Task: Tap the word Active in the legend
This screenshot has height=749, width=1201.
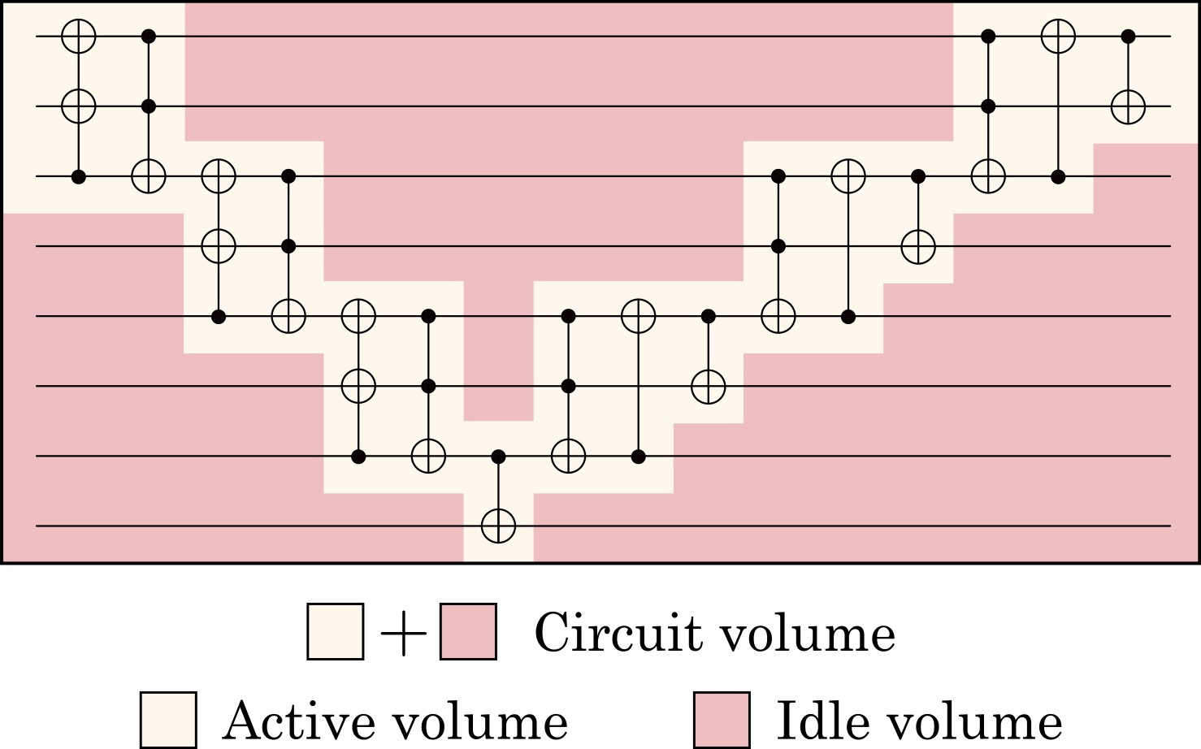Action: click(300, 721)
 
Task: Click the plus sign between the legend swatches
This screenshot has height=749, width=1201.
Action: click(403, 633)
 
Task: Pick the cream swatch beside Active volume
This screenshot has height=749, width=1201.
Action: click(168, 720)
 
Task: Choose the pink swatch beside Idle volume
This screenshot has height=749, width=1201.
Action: click(722, 720)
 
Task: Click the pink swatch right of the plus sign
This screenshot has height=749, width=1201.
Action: click(468, 631)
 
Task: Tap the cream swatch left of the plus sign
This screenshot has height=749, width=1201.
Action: click(336, 631)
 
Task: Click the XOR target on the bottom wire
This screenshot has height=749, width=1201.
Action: click(499, 526)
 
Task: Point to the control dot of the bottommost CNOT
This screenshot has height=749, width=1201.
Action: click(499, 457)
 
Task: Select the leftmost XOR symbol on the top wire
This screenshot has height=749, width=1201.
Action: click(79, 37)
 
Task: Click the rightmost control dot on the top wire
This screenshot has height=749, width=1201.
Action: click(1129, 37)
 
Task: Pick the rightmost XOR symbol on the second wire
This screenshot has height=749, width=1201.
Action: click(1129, 106)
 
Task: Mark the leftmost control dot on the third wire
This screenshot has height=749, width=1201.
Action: click(79, 176)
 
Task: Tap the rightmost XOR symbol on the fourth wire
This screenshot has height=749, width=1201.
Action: click(918, 247)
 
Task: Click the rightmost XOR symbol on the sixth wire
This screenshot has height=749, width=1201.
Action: click(709, 386)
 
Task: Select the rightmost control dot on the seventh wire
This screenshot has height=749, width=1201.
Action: click(638, 457)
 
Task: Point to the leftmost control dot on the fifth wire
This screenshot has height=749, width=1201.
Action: click(219, 316)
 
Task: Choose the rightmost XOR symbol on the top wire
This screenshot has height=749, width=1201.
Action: click(1058, 37)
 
